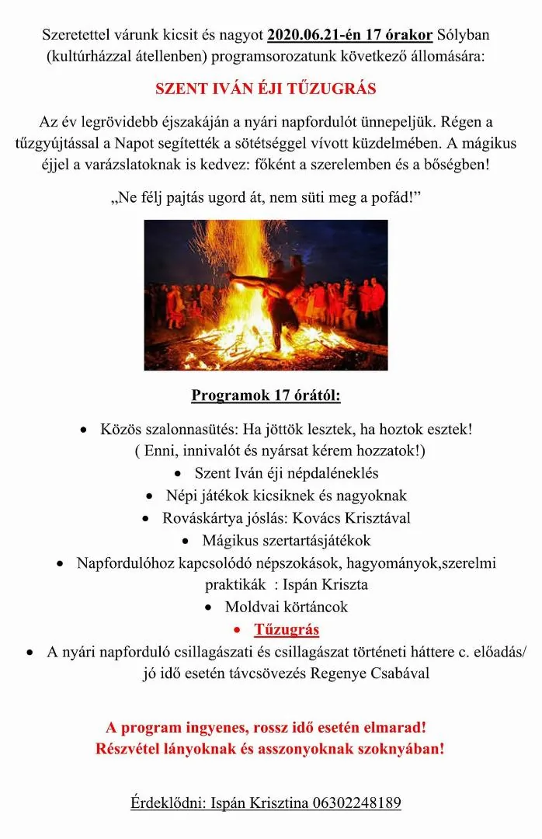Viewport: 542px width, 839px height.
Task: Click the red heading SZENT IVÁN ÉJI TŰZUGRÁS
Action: (x=266, y=89)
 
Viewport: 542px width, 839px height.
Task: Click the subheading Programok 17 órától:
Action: (x=266, y=395)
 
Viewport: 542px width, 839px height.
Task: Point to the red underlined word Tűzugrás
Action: (x=287, y=629)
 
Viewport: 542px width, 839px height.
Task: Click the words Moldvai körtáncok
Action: (x=287, y=607)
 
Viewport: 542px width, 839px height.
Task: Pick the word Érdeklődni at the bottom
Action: (x=168, y=803)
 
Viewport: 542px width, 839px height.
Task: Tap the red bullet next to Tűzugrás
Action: (x=239, y=630)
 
